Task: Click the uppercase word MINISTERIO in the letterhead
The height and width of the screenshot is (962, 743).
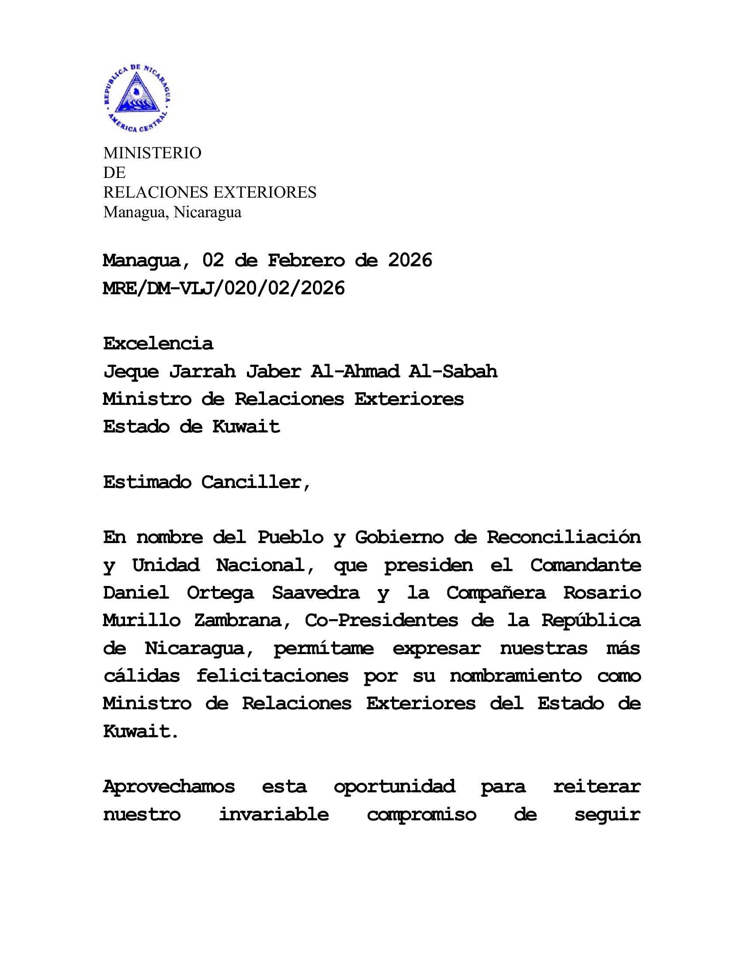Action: click(152, 153)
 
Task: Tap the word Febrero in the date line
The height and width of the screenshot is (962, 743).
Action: click(306, 260)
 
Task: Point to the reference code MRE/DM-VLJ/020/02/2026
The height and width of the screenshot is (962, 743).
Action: click(224, 288)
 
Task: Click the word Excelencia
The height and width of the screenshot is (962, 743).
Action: click(158, 344)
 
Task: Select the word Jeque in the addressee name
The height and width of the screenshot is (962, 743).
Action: click(131, 372)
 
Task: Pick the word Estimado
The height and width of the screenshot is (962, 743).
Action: click(147, 482)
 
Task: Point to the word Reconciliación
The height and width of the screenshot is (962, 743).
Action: click(563, 537)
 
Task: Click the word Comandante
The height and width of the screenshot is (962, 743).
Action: click(585, 565)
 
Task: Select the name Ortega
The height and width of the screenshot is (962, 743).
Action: click(220, 593)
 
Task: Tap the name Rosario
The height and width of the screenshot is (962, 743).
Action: click(602, 593)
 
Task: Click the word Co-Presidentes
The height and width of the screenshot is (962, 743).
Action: click(381, 620)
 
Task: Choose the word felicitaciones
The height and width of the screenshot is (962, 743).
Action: click(272, 676)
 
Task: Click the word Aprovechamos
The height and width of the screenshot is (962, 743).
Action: click(169, 787)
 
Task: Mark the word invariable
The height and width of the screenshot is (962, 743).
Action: click(274, 815)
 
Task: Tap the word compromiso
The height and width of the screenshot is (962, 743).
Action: click(421, 815)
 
